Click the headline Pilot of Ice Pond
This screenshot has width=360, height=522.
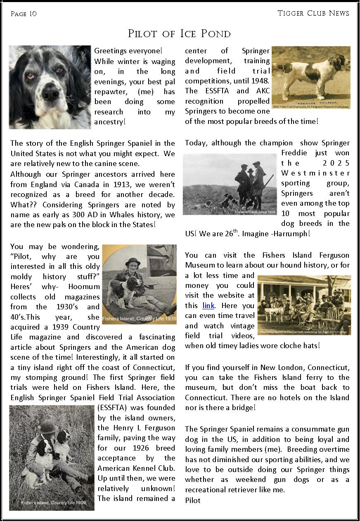[x=179, y=33]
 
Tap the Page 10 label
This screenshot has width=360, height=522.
[x=24, y=14]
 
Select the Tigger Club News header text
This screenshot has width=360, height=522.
[x=313, y=13]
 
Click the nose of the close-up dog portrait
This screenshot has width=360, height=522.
[x=50, y=95]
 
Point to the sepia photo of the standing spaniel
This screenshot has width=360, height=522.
[x=311, y=77]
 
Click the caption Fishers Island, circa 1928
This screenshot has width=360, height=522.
[x=255, y=212]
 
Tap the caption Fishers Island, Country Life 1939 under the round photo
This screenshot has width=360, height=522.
[x=139, y=319]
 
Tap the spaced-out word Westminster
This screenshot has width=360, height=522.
[x=315, y=173]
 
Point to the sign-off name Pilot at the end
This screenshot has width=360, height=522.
[x=193, y=501]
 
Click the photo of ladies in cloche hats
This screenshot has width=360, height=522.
[x=304, y=305]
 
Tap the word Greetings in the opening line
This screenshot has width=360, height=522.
[x=110, y=51]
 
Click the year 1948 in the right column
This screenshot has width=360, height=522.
[x=260, y=81]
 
